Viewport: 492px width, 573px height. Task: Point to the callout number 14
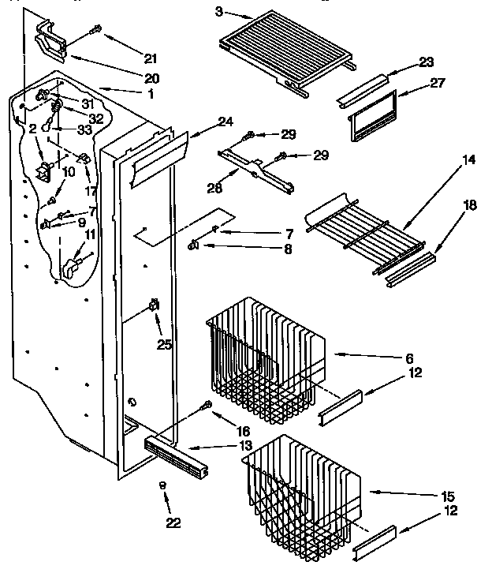point(468,160)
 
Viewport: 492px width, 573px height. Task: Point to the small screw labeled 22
point(163,487)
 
